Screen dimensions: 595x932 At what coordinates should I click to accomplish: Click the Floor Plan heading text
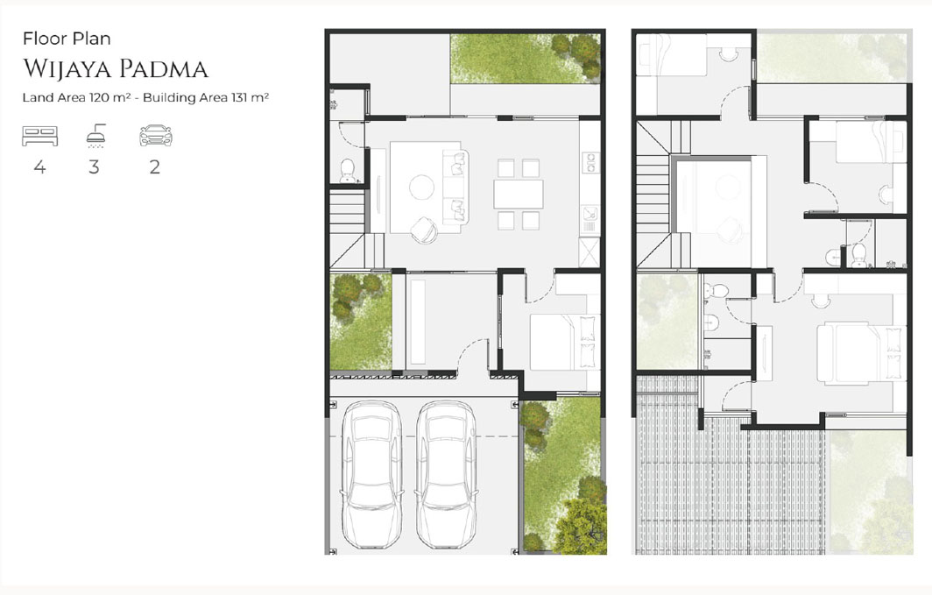pos(67,39)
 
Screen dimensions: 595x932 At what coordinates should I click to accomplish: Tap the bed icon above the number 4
pos(39,136)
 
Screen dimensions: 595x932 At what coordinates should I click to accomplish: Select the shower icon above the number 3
pos(95,135)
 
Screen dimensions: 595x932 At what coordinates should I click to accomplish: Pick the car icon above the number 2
pos(155,136)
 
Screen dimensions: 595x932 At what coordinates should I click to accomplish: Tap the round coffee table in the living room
pos(423,187)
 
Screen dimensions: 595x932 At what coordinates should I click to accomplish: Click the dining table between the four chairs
pos(518,193)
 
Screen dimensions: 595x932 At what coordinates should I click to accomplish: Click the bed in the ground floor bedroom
pos(558,342)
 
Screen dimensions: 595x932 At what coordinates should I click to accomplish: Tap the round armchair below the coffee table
pos(425,228)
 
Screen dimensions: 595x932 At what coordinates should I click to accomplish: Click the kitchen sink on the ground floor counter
pos(590,214)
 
